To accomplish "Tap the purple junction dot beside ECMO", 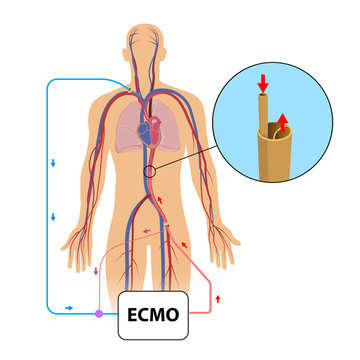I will point(98,314).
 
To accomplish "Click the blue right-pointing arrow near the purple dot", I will point(68,309).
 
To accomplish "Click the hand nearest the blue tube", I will point(73,237).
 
